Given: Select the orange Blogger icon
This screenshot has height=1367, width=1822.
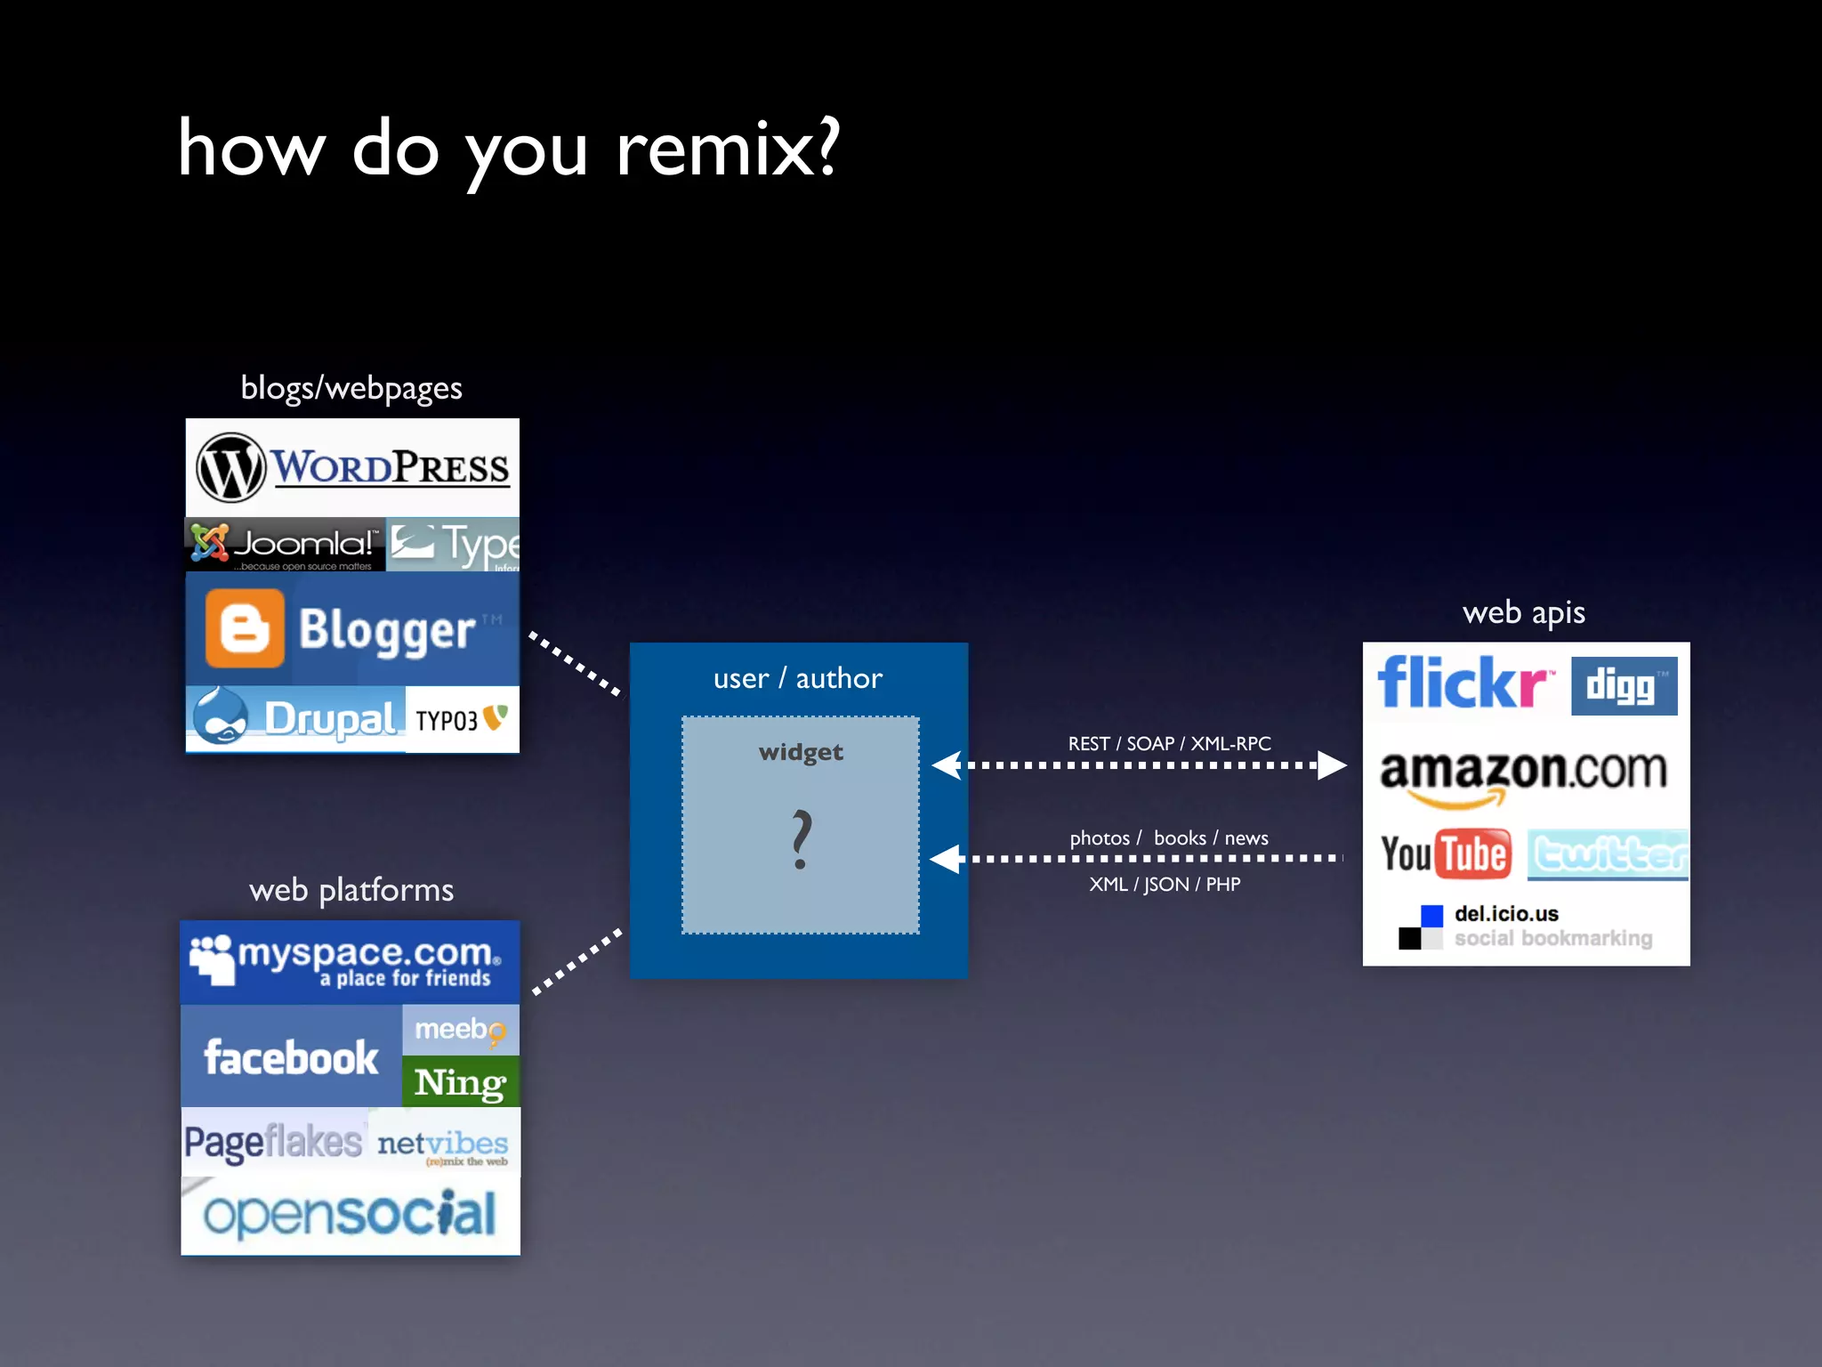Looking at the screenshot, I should pos(245,628).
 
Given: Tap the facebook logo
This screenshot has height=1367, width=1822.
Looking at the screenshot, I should pos(291,1057).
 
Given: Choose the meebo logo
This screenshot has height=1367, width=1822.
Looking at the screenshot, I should pos(460,1030).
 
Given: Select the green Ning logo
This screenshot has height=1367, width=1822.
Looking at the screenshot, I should pos(460,1082).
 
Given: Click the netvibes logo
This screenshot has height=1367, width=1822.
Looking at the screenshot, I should pos(442,1145).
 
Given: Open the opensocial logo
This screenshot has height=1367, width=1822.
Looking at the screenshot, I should pos(351,1214).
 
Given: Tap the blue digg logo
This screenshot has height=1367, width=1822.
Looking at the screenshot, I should pos(1624,686).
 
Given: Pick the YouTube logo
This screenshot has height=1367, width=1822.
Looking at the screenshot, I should pos(1446,854).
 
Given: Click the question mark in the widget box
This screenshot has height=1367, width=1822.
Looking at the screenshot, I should pos(802,839).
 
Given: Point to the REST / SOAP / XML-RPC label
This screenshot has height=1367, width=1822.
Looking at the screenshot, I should pos(1169,744).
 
